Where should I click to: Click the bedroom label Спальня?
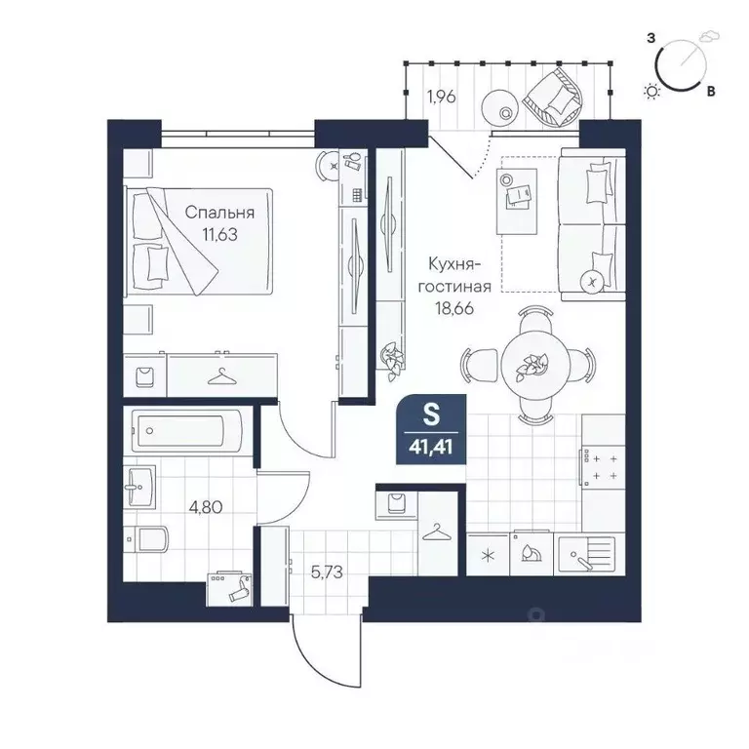(x=219, y=213)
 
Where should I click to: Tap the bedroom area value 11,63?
(x=219, y=235)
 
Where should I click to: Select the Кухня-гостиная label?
(x=454, y=275)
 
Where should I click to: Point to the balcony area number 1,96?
(x=442, y=97)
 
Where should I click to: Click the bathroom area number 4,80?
(x=206, y=507)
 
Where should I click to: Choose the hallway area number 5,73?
(x=327, y=572)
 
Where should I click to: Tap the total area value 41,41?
(x=430, y=448)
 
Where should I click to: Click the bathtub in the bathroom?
(x=186, y=430)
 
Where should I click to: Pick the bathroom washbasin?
(x=139, y=487)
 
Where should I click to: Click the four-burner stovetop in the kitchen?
(x=603, y=467)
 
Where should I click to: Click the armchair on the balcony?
(x=554, y=97)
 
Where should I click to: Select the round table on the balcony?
(x=499, y=107)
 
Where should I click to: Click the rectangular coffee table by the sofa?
(x=517, y=201)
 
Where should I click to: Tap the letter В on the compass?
(x=711, y=91)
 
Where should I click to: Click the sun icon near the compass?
(x=651, y=91)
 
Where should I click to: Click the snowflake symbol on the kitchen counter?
(x=488, y=556)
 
